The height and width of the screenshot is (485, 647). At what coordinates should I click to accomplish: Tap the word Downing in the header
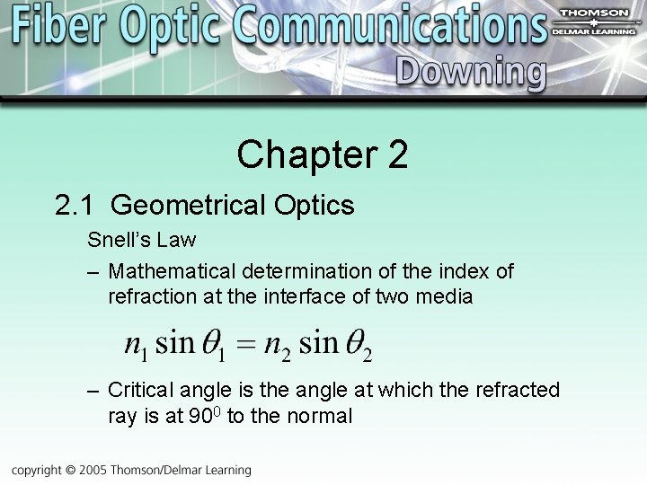470,73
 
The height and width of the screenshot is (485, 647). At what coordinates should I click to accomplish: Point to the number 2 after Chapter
399,154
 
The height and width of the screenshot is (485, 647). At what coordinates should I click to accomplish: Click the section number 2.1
75,206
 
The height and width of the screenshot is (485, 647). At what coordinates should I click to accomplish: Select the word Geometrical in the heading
189,207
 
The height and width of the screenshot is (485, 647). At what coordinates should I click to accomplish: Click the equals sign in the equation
245,344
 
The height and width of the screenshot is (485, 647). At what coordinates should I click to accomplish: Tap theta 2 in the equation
359,345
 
